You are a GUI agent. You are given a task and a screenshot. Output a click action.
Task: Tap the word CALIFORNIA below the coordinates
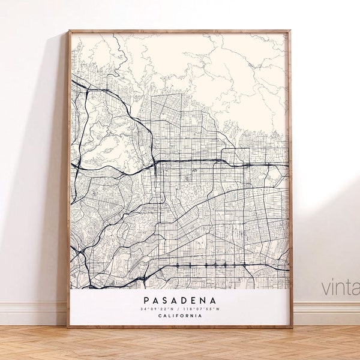tap(180, 316)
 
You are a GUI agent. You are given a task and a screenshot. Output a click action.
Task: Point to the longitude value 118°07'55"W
tap(200, 309)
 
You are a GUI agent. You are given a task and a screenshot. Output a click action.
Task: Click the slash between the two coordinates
tap(179, 309)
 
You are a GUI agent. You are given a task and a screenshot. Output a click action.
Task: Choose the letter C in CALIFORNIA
tap(160, 316)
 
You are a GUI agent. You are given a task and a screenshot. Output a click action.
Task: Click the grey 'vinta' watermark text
tap(341, 287)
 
